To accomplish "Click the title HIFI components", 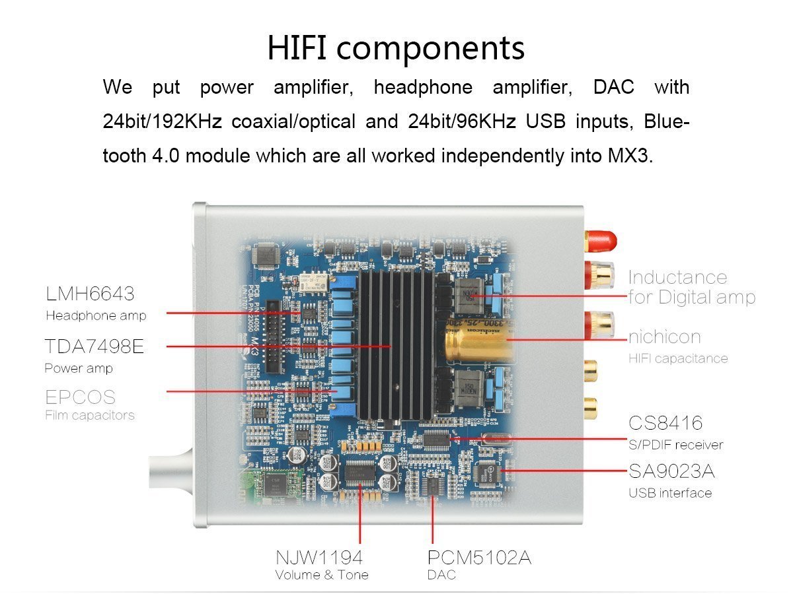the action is coord(396,48).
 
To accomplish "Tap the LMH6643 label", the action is coord(90,294).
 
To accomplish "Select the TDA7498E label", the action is coord(94,346).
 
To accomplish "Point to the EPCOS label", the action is coord(80,397).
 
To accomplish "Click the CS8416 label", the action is coord(665,422).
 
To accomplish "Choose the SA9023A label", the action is coord(671,471).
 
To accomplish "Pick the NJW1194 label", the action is coord(319,558).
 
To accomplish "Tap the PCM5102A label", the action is coord(479,558).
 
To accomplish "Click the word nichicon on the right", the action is coord(665,337).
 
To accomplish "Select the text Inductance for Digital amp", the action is coord(692,288).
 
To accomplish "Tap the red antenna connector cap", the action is coord(601,241).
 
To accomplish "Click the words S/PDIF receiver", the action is coord(675,445).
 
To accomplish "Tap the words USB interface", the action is coord(670,493).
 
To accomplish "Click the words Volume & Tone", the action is coord(322,575).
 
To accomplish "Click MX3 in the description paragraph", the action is coord(631,156).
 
